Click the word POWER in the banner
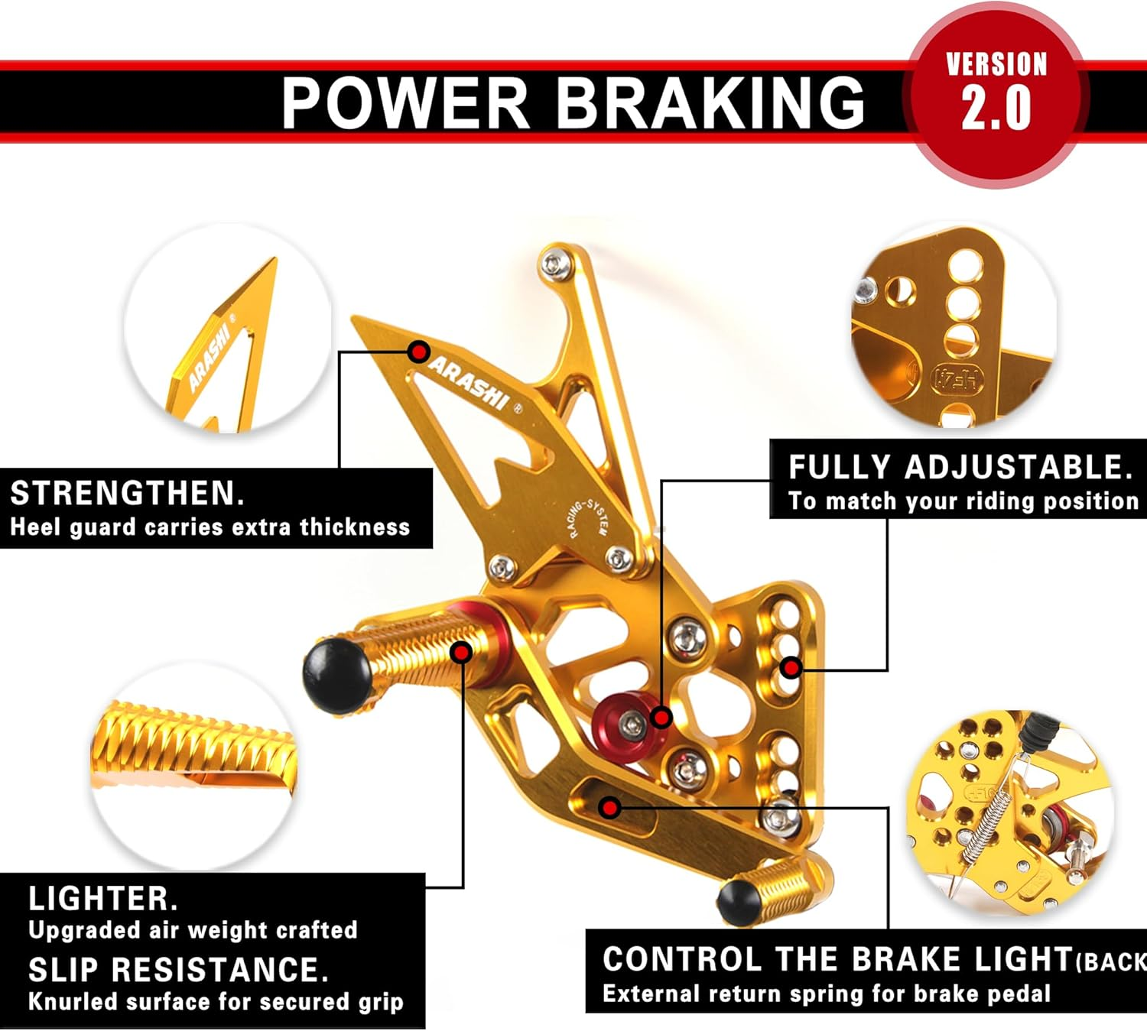pos(405,103)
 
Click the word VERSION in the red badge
pos(996,64)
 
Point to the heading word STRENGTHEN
pos(127,493)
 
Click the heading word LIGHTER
pos(103,898)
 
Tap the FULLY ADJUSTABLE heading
pos(960,467)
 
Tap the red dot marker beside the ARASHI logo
pos(418,352)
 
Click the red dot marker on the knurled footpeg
pos(461,652)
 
